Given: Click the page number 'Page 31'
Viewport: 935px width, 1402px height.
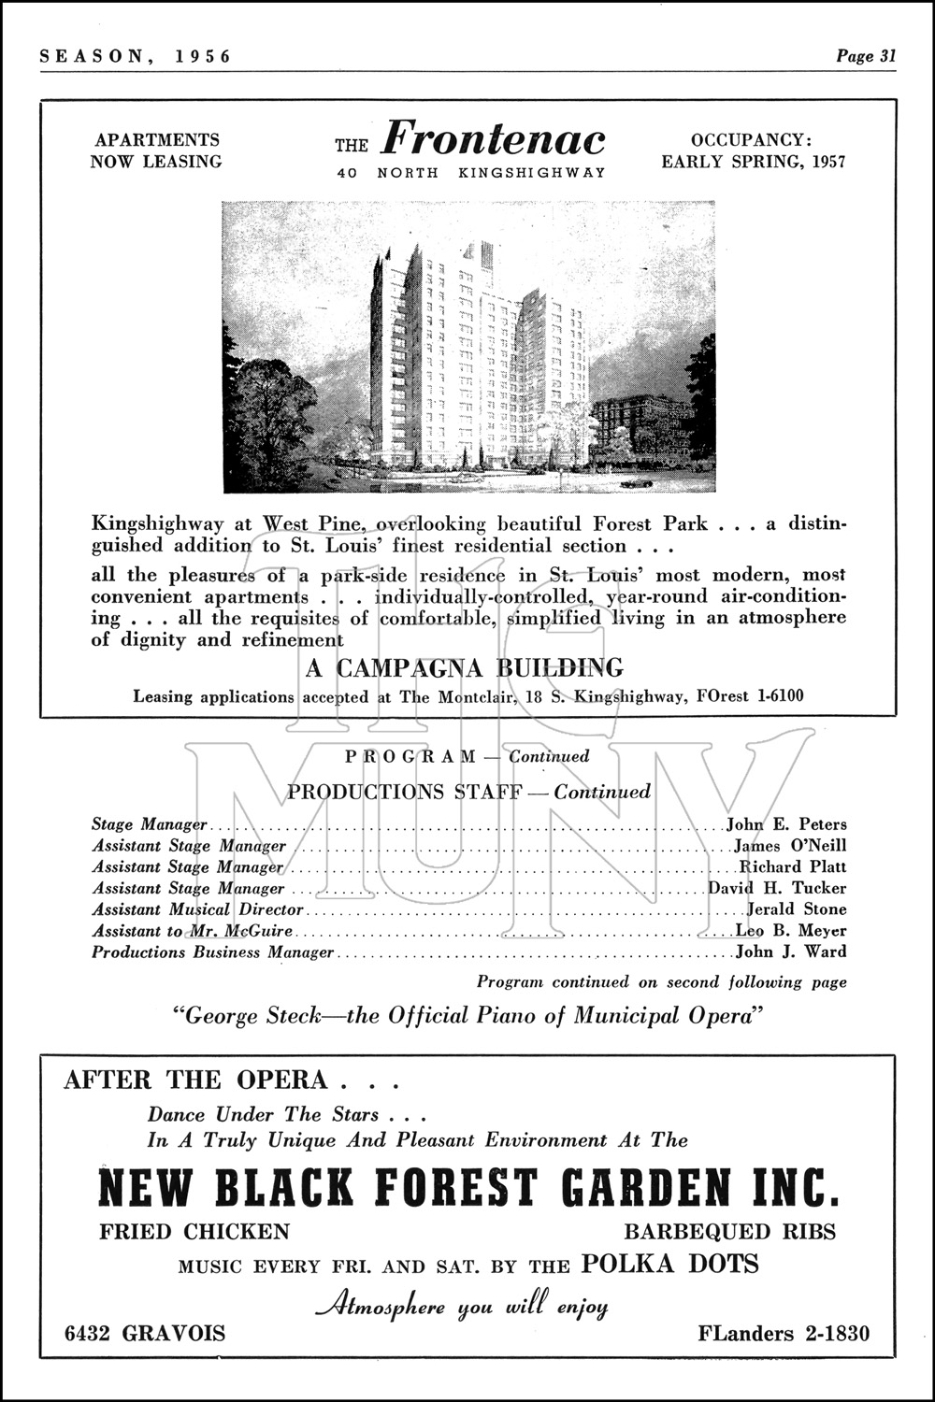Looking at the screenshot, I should tap(866, 56).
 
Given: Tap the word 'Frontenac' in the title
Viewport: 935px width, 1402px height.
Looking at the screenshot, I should tap(494, 139).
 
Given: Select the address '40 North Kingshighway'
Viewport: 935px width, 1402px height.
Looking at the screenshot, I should tap(471, 173).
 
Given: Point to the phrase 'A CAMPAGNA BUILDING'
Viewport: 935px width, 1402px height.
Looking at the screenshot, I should tap(465, 668).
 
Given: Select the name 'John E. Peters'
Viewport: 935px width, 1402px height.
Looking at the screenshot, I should tap(786, 824).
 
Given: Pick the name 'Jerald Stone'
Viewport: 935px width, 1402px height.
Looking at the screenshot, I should tap(797, 909).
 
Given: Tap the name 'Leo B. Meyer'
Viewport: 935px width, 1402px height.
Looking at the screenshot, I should tap(791, 931).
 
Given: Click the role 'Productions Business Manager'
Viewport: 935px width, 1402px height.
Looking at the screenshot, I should tap(212, 952).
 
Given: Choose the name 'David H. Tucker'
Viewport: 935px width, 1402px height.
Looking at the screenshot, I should tap(777, 888).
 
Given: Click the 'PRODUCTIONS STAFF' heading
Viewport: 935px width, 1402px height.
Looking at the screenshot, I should tap(404, 793).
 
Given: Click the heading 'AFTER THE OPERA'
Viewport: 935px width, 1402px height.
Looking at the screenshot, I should tap(195, 1080).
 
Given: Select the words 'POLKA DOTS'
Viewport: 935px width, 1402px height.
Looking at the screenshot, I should tap(669, 1265).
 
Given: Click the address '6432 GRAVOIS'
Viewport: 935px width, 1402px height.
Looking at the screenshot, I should tap(145, 1333).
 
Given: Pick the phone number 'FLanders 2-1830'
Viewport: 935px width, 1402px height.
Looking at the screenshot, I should tap(783, 1333).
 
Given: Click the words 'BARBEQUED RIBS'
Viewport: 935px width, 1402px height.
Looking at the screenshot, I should tap(729, 1232).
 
